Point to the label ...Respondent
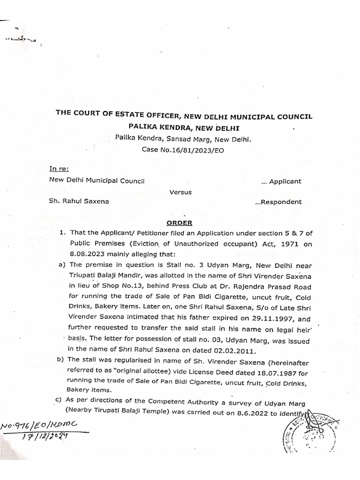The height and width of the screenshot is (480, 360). [x=278, y=202]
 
